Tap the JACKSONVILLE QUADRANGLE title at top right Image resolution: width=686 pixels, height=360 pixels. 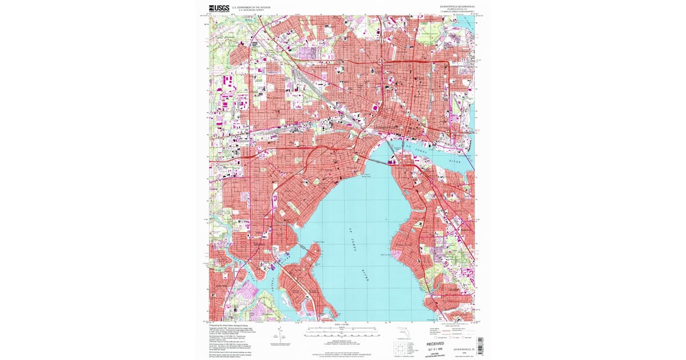457,7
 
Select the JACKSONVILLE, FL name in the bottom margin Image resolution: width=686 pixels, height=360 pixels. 464,348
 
